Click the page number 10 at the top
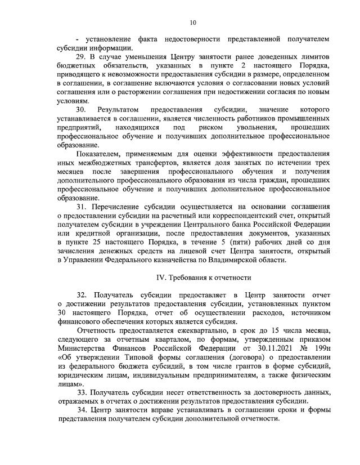tap(193, 23)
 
